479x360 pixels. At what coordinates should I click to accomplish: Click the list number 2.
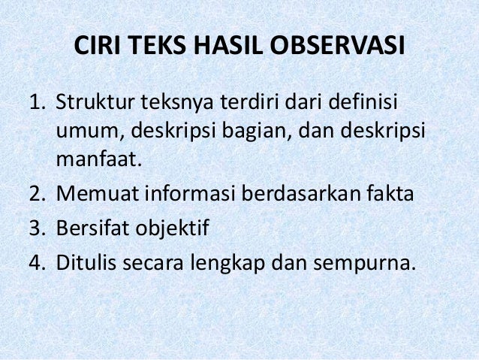(x=37, y=195)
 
